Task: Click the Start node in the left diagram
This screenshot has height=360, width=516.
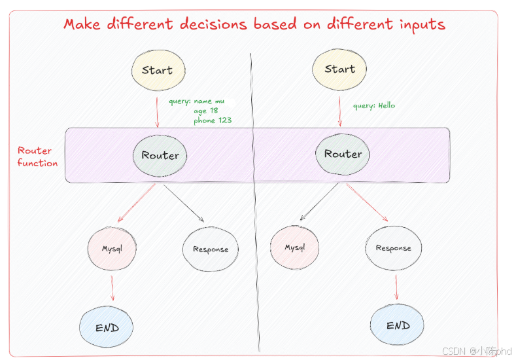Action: pyautogui.click(x=157, y=70)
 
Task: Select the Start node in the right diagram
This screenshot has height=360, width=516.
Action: pyautogui.click(x=340, y=69)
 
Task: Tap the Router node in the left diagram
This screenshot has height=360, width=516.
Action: pyautogui.click(x=160, y=155)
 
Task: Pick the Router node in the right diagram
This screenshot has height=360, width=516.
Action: pyautogui.click(x=343, y=154)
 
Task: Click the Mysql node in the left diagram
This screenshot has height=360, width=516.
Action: pyautogui.click(x=112, y=249)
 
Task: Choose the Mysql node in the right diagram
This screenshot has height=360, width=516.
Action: pyautogui.click(x=295, y=247)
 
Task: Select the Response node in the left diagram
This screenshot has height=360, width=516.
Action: pyautogui.click(x=211, y=249)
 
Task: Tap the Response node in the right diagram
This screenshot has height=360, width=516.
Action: pyautogui.click(x=394, y=248)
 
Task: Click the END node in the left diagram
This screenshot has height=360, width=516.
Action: pyautogui.click(x=107, y=327)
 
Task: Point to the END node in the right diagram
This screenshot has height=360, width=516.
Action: pyautogui.click(x=398, y=325)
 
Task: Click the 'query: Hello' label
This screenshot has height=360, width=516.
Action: pyautogui.click(x=374, y=105)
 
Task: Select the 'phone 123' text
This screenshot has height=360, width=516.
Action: pyautogui.click(x=213, y=120)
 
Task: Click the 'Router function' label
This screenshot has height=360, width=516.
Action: pyautogui.click(x=37, y=157)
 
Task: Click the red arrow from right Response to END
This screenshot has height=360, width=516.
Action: pyautogui.click(x=396, y=287)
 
